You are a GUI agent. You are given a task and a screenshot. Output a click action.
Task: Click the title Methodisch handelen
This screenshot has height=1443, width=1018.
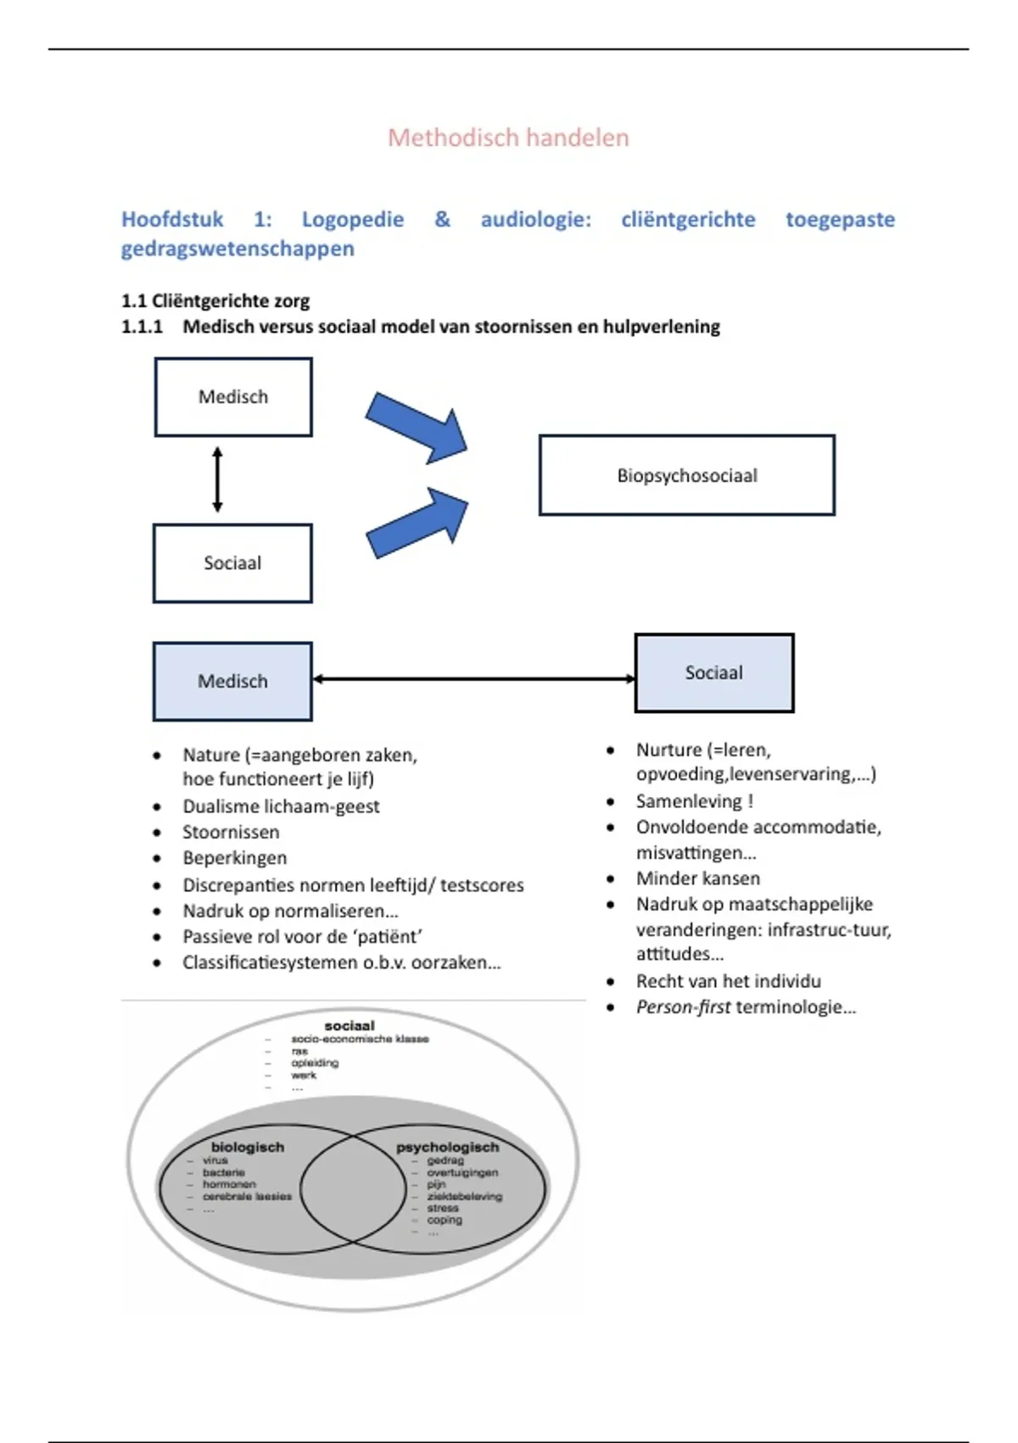tap(508, 138)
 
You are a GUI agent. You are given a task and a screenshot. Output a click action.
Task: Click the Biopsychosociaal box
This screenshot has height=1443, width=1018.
tap(686, 475)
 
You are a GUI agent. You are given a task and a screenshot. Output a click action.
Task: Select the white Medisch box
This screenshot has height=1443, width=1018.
tap(233, 397)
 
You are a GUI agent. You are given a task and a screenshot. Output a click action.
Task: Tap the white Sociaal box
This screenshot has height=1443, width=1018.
tap(232, 563)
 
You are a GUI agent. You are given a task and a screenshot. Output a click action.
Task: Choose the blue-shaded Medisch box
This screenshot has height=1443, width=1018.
tap(232, 681)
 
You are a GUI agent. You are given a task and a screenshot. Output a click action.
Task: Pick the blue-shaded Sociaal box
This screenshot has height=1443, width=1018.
tap(714, 672)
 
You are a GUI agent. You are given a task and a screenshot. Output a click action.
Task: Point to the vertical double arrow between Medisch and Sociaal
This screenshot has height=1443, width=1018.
tap(217, 480)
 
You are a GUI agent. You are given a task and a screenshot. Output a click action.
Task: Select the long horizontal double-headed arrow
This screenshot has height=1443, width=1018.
tap(473, 679)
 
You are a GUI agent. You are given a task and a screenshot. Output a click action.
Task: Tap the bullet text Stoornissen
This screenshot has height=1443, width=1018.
tap(231, 832)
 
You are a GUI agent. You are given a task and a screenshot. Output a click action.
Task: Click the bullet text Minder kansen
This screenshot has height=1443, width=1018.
tap(697, 879)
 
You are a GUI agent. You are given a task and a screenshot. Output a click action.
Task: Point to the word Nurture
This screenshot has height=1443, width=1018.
tap(668, 750)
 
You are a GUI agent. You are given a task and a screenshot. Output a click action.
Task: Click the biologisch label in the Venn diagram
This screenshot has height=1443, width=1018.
tap(248, 1147)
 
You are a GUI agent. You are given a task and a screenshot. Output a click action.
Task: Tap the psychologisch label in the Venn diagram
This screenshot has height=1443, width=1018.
tap(447, 1147)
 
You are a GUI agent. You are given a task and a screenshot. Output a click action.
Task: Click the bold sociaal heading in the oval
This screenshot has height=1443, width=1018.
tap(350, 1025)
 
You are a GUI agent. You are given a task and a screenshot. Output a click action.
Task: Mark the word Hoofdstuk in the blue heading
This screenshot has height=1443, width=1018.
tap(172, 219)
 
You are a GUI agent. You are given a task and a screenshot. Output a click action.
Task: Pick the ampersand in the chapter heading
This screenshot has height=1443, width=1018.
tap(442, 219)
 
